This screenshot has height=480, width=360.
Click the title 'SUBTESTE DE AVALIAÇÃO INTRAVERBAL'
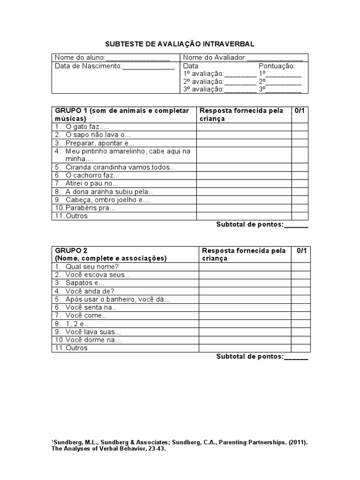(180, 44)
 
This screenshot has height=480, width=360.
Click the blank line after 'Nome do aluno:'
(138, 58)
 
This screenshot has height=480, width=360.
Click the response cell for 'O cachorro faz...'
(244, 175)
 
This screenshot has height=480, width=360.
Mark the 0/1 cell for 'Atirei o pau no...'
(300, 183)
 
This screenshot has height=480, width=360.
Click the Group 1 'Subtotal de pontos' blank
(296, 225)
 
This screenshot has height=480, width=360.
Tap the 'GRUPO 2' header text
(71, 250)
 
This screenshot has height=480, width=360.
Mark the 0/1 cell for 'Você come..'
(300, 315)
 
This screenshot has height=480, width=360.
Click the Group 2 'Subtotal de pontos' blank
(296, 357)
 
